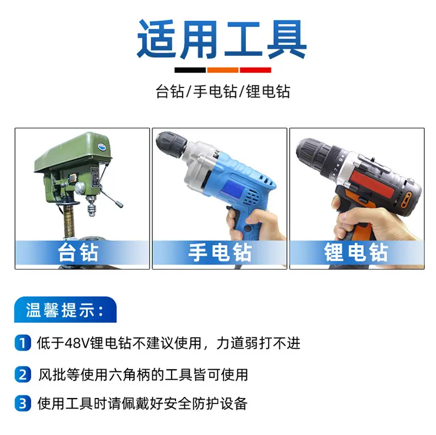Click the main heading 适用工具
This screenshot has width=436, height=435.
222,39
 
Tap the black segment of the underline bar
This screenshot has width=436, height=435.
190,70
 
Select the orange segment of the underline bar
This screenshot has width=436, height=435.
223,70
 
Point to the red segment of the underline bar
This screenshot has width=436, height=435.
256,70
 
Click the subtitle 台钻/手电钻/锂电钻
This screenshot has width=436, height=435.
223,91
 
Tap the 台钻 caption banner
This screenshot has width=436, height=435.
82,253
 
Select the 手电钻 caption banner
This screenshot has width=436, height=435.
220,253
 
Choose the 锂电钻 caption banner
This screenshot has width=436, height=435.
357,253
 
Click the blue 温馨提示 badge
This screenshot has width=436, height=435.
65,310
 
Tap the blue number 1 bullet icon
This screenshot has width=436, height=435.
23,343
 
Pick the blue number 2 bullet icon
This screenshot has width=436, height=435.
23,375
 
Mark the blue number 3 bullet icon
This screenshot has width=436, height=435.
23,403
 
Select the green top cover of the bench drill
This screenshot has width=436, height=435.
73,152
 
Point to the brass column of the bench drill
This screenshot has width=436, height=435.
70,222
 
